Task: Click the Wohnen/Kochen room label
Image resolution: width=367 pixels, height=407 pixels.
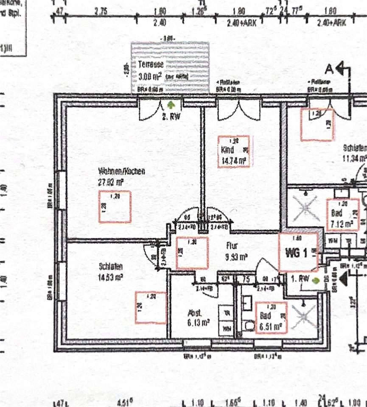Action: coord(121,172)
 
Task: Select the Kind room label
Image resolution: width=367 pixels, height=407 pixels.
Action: coord(228,150)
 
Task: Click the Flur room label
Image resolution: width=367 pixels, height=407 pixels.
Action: coord(232,245)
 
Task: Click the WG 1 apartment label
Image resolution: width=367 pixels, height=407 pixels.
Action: coord(298,254)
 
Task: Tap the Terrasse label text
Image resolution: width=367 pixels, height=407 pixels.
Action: coord(151,65)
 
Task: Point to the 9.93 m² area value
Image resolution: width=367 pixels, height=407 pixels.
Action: coord(237,256)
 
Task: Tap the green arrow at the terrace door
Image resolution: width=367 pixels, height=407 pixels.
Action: coord(171,104)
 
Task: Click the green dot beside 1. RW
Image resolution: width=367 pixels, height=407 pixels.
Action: coord(315,280)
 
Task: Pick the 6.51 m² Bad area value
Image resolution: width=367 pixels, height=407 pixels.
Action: coord(272,326)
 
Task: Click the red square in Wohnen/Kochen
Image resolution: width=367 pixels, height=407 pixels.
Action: coord(115,207)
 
